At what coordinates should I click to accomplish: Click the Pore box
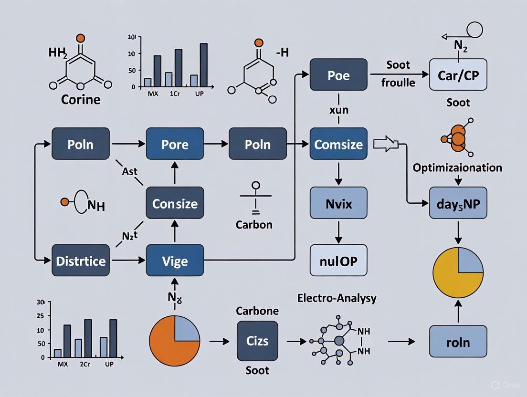coord(175,144)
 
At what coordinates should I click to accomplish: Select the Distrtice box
coord(80,260)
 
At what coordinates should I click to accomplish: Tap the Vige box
coord(175,260)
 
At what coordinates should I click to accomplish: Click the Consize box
coord(175,203)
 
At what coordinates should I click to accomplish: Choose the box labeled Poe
coord(338,75)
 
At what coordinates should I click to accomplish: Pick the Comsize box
coord(338,144)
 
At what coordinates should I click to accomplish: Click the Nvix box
coord(338,204)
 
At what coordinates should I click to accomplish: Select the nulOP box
coord(338,260)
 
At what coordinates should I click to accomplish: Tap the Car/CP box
coord(458,75)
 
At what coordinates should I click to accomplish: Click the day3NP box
coord(458,203)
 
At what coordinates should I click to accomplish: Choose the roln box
coord(458,342)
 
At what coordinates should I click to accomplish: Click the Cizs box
coord(257,341)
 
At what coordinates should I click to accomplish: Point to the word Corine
coord(81,100)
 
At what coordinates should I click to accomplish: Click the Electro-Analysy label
coord(337,298)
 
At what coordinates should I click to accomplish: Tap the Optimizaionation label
coord(457,167)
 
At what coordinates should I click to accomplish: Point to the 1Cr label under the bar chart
coord(175,93)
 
